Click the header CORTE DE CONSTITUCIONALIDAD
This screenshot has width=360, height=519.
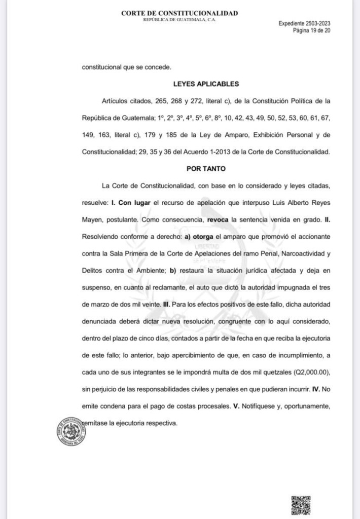point(179,13)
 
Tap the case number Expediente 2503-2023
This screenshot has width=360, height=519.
point(305,24)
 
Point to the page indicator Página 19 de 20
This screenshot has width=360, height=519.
point(312,30)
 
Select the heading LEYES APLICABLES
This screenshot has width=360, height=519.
point(206,84)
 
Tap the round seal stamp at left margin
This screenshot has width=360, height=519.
point(71,430)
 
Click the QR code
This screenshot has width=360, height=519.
point(301,505)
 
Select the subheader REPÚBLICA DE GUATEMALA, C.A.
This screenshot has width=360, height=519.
point(179,20)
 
